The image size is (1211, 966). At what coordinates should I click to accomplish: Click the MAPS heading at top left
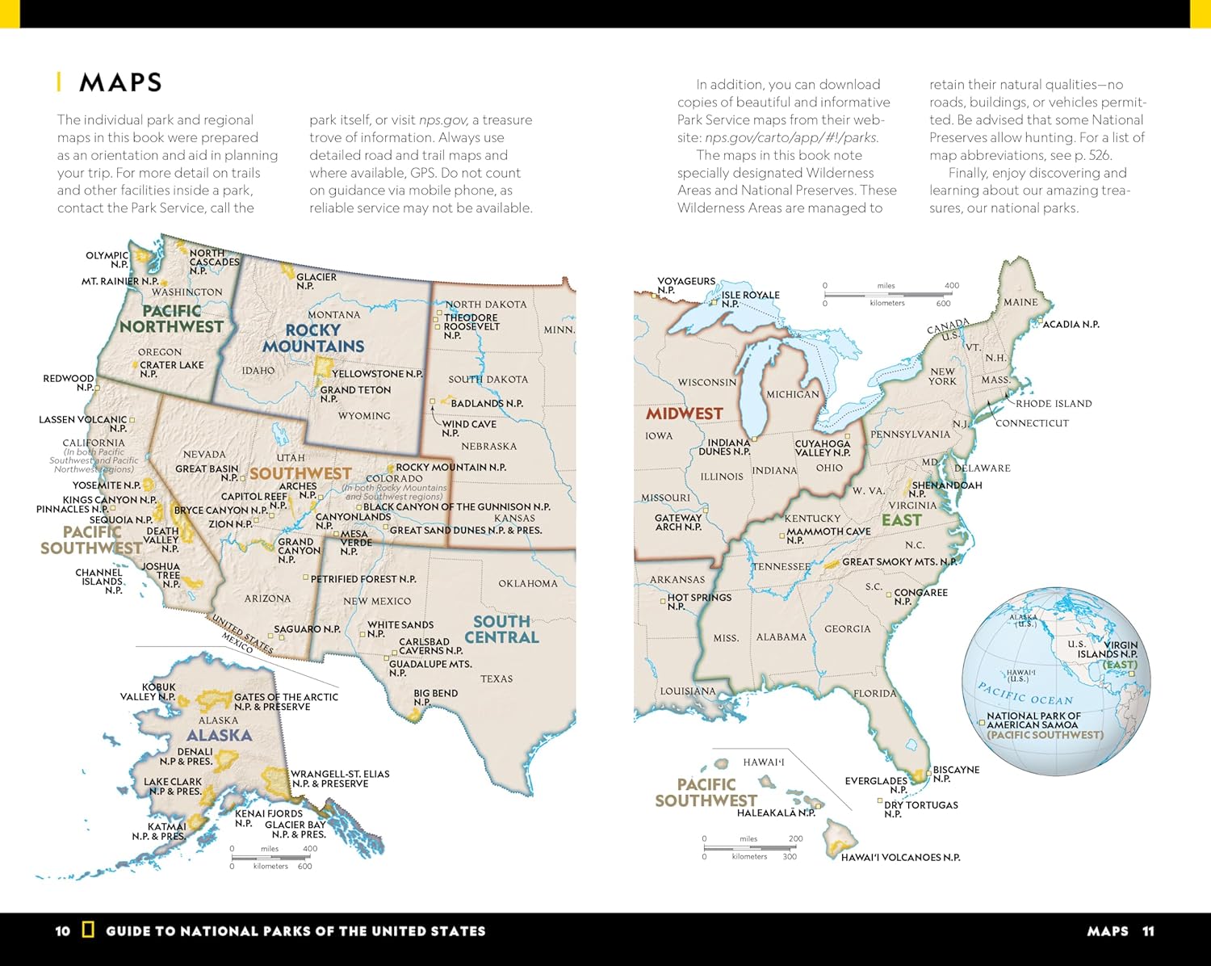tap(120, 82)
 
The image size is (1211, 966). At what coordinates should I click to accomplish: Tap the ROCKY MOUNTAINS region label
tap(312, 338)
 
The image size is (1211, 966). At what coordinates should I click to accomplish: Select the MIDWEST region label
tap(684, 414)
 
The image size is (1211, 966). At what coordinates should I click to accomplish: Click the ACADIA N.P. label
tap(1071, 325)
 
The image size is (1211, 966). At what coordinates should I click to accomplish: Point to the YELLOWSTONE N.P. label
tap(377, 374)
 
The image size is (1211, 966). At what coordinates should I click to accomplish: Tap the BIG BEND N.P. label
tap(434, 698)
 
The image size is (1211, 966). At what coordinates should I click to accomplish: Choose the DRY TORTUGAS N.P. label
tap(920, 809)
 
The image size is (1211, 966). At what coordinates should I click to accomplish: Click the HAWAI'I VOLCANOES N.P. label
tap(900, 858)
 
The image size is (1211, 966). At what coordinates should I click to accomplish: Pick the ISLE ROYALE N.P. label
tap(749, 299)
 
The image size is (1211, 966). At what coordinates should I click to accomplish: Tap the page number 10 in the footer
tap(63, 931)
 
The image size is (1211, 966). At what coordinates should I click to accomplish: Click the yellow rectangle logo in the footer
tap(88, 930)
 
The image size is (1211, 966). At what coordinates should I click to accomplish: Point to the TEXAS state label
tap(496, 679)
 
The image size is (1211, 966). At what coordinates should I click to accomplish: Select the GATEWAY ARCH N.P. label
tap(678, 523)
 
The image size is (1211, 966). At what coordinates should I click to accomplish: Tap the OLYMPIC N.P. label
tap(107, 259)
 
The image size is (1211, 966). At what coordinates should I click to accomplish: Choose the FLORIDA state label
tap(874, 694)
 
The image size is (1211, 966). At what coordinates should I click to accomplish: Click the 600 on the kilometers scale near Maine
tap(943, 304)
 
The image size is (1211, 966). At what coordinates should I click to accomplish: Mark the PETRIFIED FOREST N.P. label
tap(363, 579)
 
